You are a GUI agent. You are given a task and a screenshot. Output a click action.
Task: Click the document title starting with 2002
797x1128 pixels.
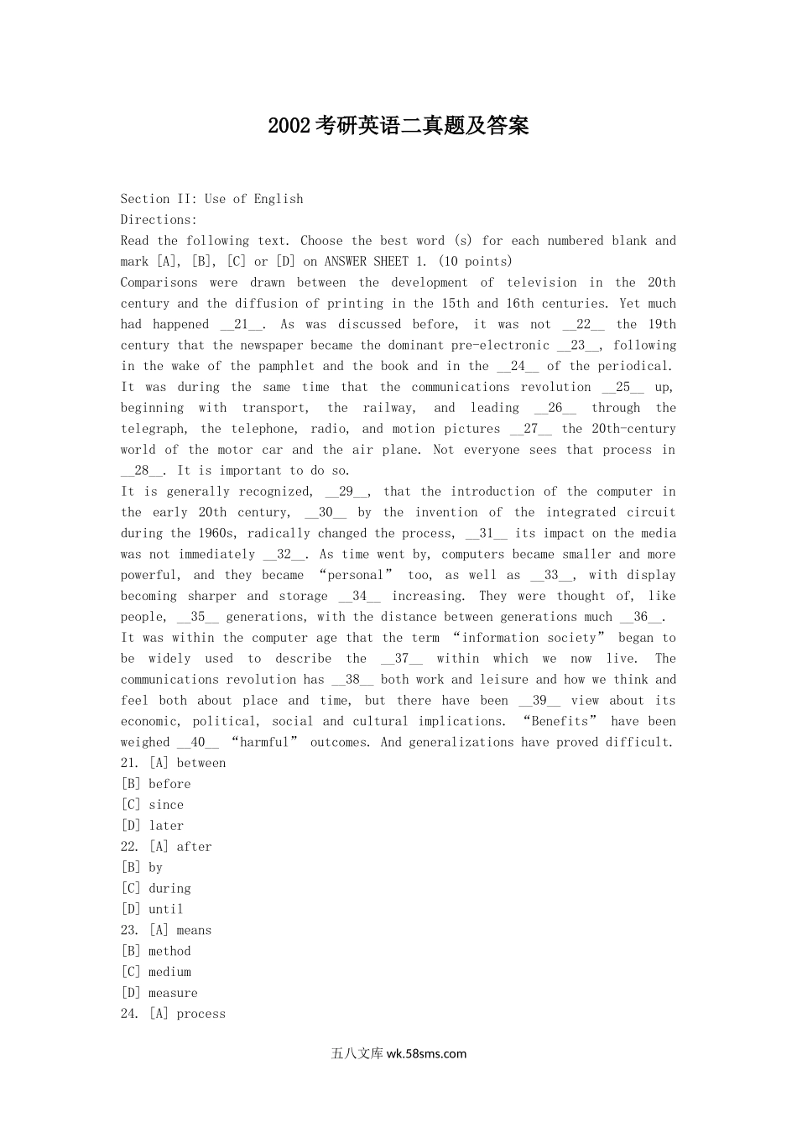coord(398,126)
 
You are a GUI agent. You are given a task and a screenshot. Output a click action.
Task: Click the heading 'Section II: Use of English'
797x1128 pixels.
coord(211,199)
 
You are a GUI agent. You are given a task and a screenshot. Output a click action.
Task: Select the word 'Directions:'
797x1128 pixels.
coord(159,220)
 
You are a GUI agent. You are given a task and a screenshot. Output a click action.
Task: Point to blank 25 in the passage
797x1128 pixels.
coord(623,387)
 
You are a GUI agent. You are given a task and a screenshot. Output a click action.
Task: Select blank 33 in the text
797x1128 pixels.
coord(551,575)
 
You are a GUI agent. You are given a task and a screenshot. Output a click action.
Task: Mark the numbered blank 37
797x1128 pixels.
coord(401,659)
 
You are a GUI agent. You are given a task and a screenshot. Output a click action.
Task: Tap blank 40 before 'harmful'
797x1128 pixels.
coord(198,742)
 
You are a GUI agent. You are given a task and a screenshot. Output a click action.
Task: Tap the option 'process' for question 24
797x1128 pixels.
coord(201,1014)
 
